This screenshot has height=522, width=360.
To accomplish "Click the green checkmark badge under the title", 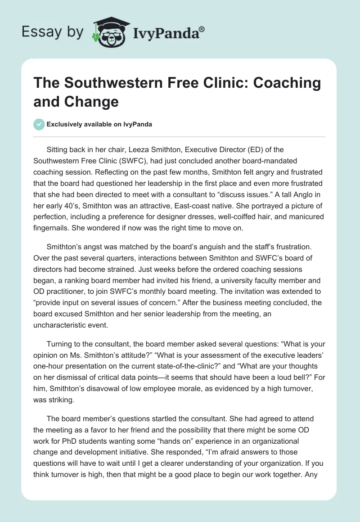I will pyautogui.click(x=39, y=124).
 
